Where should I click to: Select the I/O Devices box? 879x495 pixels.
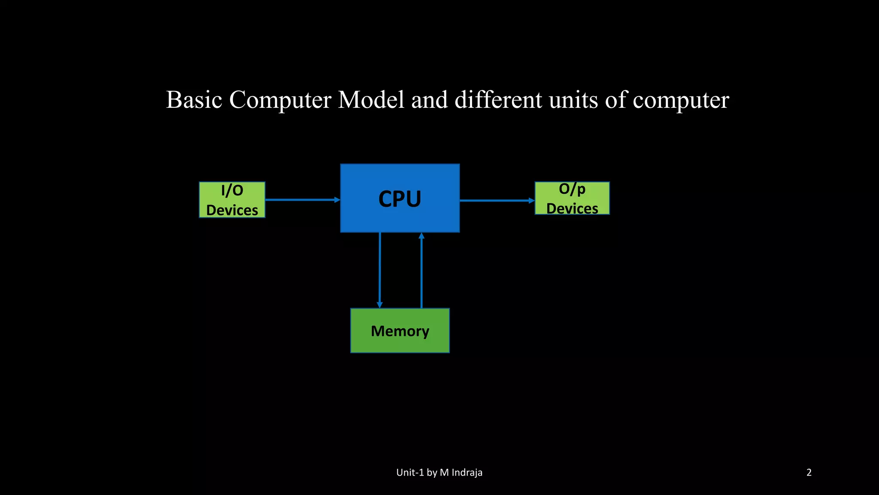[232, 200]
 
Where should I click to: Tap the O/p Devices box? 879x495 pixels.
[572, 198]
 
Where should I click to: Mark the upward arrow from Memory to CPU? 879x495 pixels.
[421, 271]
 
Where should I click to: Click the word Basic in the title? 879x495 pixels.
[194, 100]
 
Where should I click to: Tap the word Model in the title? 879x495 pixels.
[371, 100]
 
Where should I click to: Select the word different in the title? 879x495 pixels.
[498, 100]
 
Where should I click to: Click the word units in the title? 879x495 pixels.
[573, 100]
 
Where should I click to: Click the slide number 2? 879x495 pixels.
[809, 473]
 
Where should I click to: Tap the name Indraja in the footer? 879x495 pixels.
[467, 473]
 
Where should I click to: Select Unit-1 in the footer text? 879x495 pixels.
[410, 473]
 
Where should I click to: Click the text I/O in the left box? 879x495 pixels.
[232, 190]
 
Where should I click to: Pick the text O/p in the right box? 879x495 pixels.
[572, 189]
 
